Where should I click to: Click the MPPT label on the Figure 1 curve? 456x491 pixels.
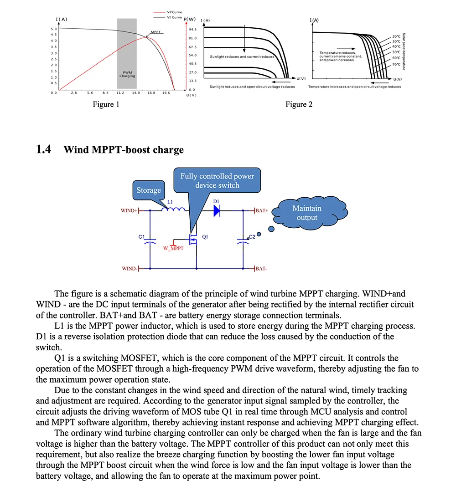155,32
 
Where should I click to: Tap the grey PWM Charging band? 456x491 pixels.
127,54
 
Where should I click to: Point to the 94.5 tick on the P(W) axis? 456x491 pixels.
193,29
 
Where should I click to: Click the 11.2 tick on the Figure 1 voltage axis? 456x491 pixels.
120,93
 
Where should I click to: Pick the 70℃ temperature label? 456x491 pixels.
396,64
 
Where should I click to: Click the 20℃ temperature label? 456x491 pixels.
396,36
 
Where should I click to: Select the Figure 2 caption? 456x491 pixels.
299,105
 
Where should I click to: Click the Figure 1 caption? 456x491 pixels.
106,105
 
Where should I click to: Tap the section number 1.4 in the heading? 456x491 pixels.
44,149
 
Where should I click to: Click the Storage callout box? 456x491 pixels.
149,190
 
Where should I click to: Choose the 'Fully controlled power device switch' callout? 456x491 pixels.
217,181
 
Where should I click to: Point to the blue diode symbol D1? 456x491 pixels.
217,210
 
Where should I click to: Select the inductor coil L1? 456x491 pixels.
176,209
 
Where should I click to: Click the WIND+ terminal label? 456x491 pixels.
128,211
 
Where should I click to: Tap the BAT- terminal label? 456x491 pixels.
261,269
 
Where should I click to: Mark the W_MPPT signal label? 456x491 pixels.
173,249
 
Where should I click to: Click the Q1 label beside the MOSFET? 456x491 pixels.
205,237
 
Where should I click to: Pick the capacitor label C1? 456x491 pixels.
141,237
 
